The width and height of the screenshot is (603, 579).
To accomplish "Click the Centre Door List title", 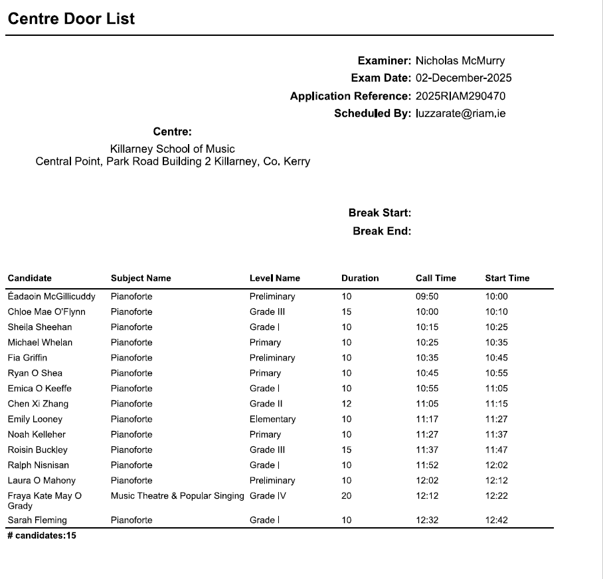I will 71,19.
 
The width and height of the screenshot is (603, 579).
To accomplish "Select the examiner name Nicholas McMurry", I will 460,60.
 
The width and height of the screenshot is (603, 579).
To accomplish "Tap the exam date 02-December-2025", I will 464,78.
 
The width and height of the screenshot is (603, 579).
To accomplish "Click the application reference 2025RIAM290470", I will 460,96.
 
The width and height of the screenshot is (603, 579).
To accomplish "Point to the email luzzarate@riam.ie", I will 460,114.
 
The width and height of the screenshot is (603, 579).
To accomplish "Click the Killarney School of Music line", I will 172,149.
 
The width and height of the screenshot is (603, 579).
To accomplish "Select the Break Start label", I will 380,213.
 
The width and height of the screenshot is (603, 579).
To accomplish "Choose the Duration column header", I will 360,278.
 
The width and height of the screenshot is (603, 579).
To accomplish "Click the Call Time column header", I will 436,278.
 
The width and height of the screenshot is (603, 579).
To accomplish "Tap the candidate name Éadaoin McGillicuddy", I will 52,297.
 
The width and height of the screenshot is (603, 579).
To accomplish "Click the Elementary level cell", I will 272,419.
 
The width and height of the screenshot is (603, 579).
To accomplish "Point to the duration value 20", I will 347,496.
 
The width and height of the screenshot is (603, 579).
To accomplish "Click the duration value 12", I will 346,404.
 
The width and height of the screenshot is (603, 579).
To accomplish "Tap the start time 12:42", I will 496,521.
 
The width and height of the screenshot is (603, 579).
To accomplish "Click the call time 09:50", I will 427,297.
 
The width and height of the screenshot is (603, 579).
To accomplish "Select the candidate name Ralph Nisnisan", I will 39,465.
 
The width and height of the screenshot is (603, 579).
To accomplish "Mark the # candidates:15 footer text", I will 42,535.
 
